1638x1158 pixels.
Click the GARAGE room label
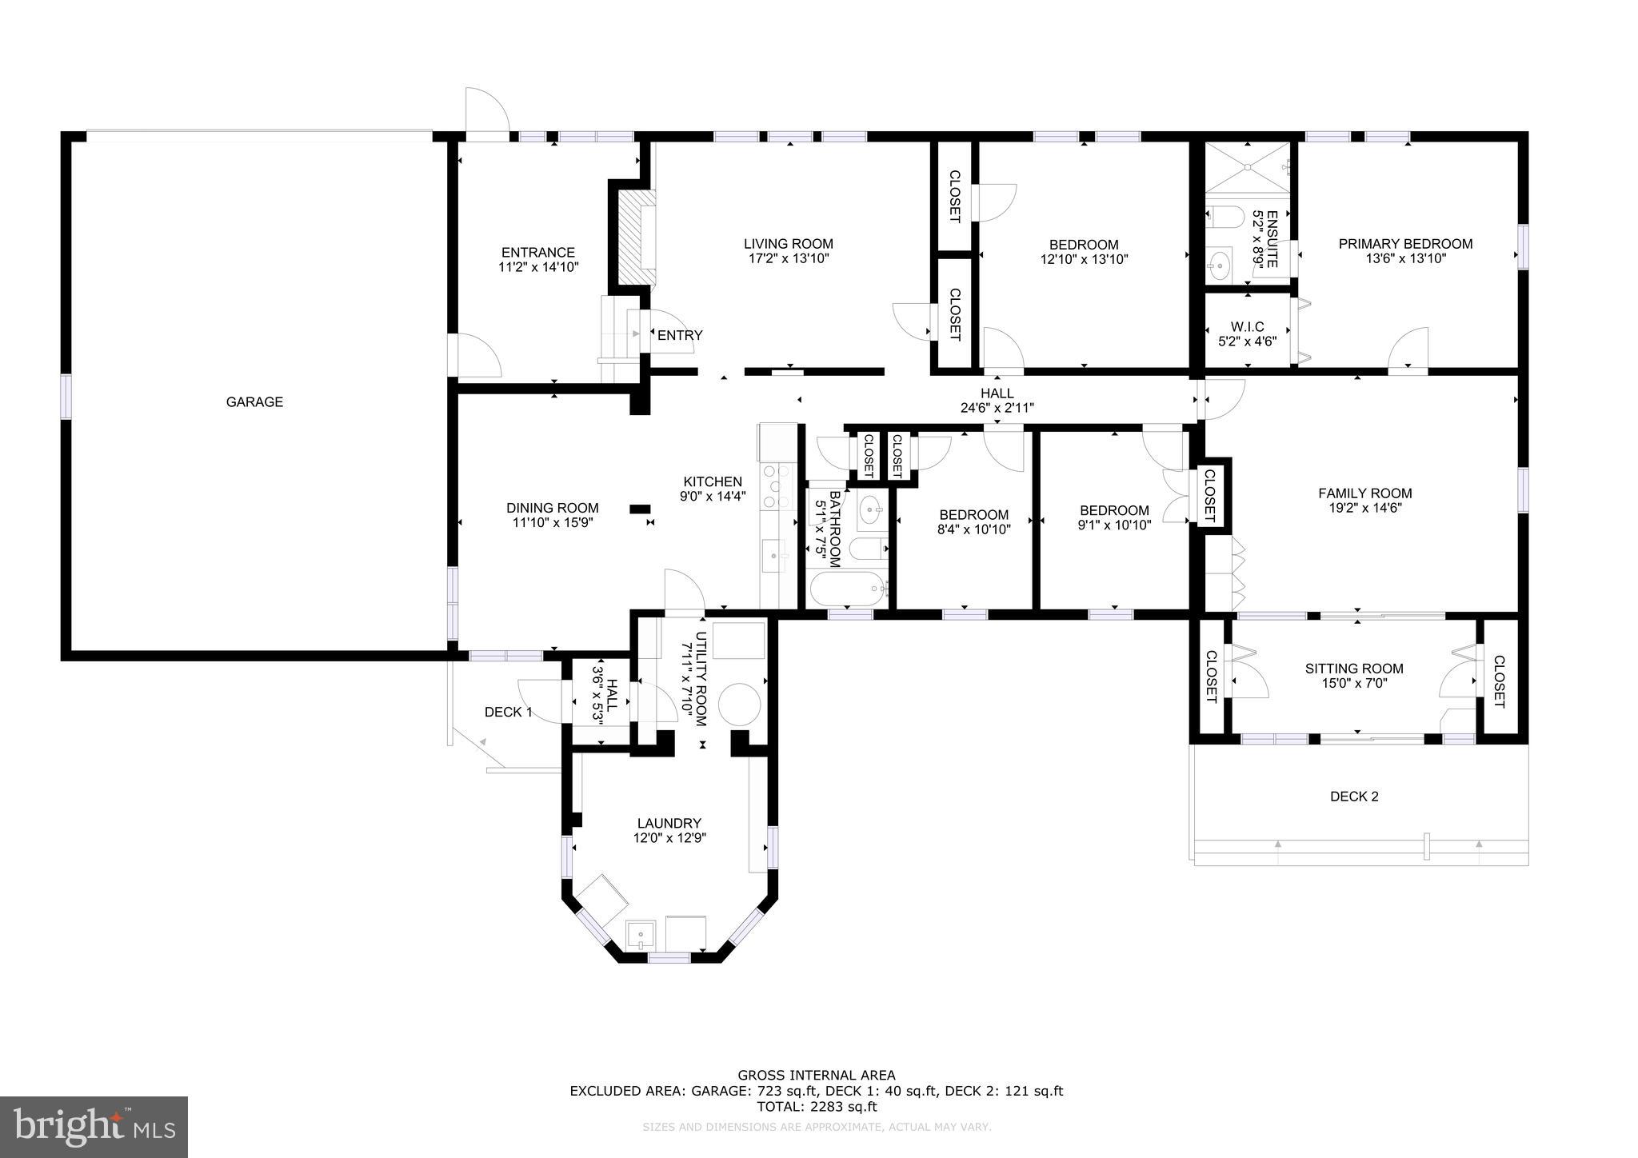[254, 402]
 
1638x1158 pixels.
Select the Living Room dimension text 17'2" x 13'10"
[789, 259]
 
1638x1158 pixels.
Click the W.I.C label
[1247, 326]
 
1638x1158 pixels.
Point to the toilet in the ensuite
[1224, 217]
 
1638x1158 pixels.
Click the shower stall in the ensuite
[1247, 167]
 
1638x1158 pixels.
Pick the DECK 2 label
[1354, 797]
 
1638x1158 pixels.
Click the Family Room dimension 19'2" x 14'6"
[1364, 508]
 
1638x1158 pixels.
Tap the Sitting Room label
[1354, 669]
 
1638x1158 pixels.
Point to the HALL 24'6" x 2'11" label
[997, 400]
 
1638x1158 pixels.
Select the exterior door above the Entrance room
[487, 116]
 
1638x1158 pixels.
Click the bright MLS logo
[94, 1127]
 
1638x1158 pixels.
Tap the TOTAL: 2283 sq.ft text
[817, 1107]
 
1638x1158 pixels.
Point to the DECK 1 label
[508, 712]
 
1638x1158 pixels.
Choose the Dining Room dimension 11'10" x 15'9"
[552, 523]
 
